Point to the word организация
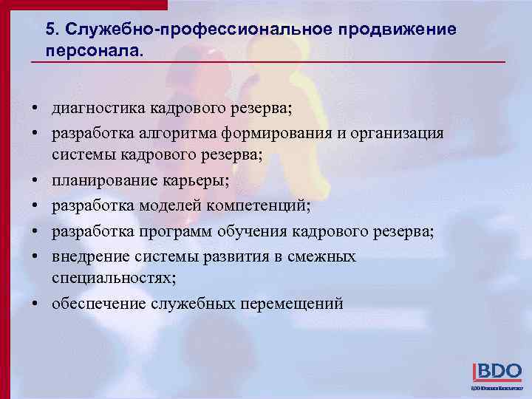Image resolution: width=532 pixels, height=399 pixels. [396, 132]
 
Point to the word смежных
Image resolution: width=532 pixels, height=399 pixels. [322, 256]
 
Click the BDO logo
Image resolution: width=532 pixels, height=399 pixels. [497, 372]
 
